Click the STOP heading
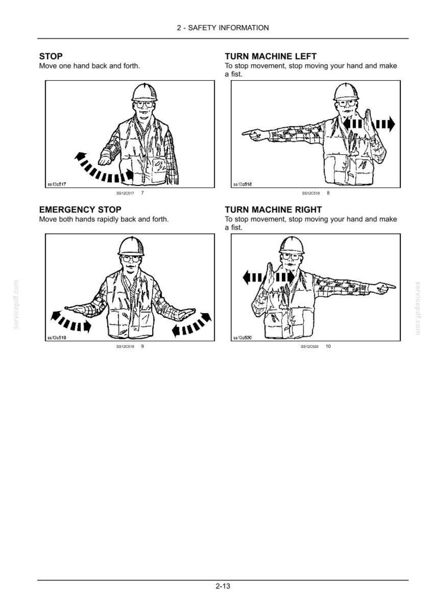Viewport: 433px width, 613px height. (51, 56)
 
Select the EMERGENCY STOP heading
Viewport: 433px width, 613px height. (80, 209)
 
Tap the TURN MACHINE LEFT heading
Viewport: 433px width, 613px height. (270, 56)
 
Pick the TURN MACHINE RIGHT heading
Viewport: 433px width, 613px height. (273, 209)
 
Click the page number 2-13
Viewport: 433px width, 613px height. (222, 586)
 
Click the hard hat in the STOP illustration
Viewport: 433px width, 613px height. (144, 92)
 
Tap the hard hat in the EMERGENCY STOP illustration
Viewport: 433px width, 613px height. (131, 247)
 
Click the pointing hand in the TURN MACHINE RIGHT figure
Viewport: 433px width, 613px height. (382, 289)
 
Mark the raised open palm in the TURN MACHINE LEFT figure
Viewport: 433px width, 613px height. (369, 122)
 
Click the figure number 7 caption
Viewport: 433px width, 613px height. (142, 193)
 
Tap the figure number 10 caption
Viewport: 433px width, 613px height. (328, 346)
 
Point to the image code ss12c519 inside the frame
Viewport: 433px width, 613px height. (57, 338)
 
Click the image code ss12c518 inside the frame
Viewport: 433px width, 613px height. (242, 184)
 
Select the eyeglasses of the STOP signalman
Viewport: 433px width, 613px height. (144, 104)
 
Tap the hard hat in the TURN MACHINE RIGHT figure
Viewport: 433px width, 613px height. (292, 245)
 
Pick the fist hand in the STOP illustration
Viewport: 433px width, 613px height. (105, 160)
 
